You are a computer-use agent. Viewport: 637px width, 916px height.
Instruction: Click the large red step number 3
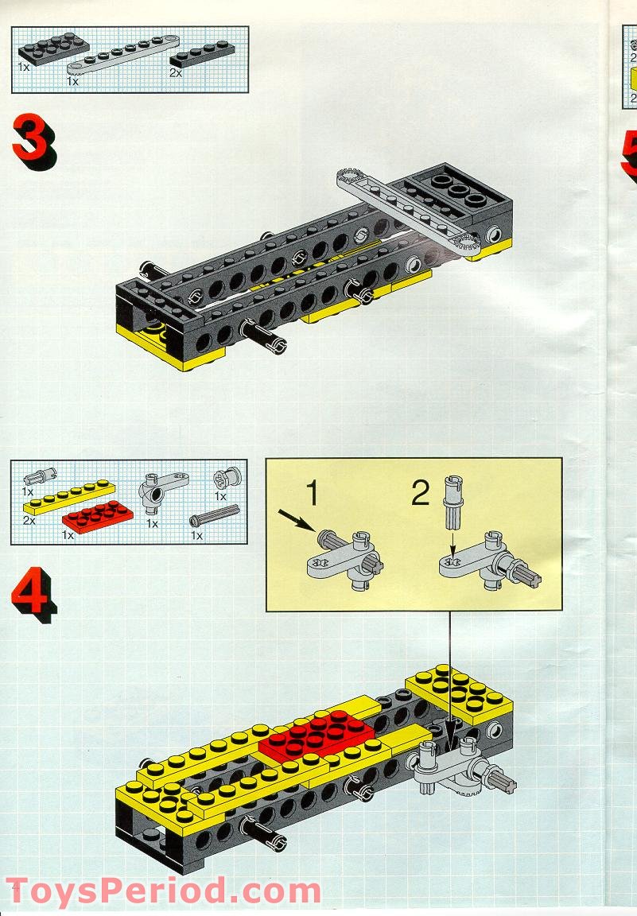pos(34,142)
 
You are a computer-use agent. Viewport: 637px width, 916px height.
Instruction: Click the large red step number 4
pos(34,595)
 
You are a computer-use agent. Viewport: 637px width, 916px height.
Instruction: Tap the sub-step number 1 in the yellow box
pos(313,492)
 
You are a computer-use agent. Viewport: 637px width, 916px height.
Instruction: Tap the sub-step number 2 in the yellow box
pos(421,492)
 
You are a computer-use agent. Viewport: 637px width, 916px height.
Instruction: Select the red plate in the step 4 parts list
pos(98,516)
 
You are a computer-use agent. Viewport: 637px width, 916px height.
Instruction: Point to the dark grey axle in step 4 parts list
pos(215,514)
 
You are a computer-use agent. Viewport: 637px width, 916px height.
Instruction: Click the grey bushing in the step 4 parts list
pos(227,479)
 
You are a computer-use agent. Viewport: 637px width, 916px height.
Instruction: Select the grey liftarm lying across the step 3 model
pos(411,211)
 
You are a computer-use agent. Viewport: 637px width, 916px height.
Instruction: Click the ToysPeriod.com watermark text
pos(163,891)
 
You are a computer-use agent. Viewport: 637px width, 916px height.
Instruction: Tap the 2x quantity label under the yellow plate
pos(29,519)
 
